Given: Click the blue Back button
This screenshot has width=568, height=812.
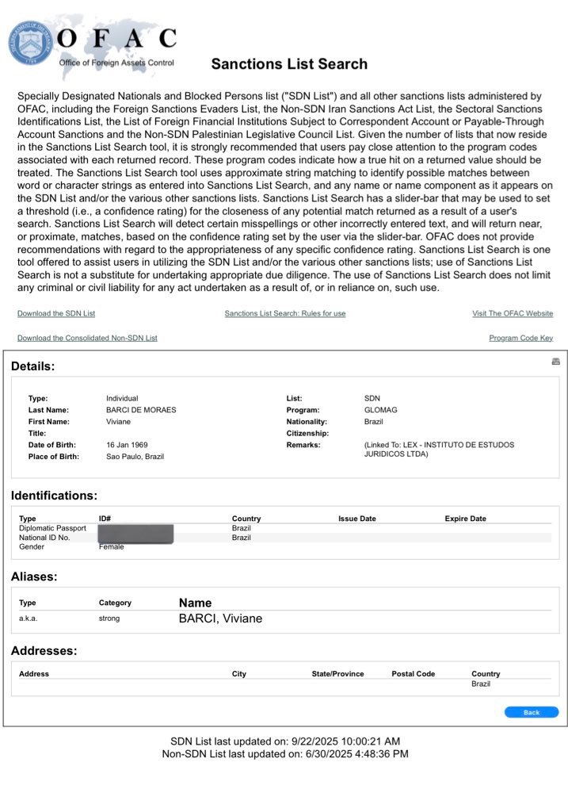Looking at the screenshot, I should [x=531, y=712].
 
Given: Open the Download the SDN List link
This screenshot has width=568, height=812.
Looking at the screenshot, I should [x=56, y=314].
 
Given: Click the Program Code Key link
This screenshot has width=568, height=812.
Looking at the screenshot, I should [x=520, y=338].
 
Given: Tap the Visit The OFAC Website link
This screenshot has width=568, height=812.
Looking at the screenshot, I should [x=513, y=314].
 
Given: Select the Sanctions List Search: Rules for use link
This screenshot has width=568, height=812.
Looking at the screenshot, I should [x=285, y=314].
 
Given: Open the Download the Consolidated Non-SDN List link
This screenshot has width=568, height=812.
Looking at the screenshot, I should [x=87, y=338].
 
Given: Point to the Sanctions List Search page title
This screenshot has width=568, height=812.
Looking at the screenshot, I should [x=289, y=64].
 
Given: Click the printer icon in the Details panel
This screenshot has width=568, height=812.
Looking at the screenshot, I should [x=555, y=362].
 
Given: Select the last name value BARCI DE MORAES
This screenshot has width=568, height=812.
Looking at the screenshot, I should [x=141, y=410].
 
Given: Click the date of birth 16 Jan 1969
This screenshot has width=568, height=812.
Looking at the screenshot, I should [x=127, y=445].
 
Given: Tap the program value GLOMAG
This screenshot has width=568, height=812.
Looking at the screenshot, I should [x=380, y=410].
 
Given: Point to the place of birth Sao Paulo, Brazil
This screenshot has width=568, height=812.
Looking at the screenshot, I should [x=135, y=457].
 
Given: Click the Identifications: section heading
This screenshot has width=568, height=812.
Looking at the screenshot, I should [x=54, y=496].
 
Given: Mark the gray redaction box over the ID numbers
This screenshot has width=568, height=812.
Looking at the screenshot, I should [x=135, y=533].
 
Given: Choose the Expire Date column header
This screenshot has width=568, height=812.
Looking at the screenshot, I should [x=465, y=519].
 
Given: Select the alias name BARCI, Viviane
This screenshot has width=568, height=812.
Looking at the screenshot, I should [x=220, y=619].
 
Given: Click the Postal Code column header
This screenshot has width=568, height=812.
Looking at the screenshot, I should [x=413, y=674].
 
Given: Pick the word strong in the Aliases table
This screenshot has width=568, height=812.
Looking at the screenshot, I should [x=109, y=619].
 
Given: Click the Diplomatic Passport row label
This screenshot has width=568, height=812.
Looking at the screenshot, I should [x=52, y=528].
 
